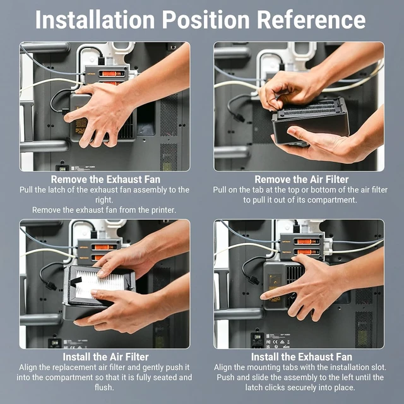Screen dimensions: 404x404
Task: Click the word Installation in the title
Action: point(95,20)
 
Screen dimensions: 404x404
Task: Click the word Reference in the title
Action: point(311,20)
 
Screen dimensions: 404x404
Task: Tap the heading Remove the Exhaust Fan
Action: point(105,179)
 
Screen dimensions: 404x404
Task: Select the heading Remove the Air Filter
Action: point(302,179)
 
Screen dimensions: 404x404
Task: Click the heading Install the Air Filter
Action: point(105,357)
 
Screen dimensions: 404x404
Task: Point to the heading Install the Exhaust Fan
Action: point(302,357)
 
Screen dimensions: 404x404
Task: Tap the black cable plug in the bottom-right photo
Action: point(253,279)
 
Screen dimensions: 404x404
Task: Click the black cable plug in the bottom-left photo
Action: point(50,285)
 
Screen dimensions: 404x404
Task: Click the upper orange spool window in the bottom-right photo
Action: point(307,242)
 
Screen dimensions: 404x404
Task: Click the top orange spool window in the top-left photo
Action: point(112,74)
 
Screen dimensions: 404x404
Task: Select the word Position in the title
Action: point(206,20)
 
